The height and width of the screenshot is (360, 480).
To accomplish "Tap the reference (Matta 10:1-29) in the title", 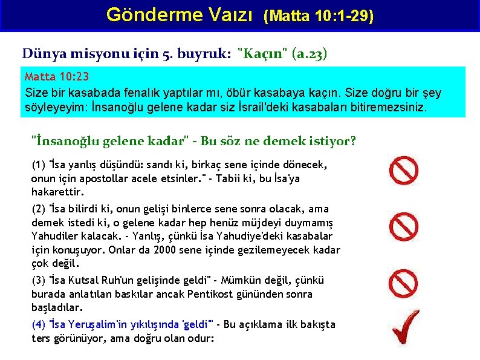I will click(319, 16).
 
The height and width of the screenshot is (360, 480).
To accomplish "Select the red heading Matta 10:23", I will click(57, 77).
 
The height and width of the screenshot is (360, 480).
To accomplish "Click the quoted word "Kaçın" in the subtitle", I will click(263, 54).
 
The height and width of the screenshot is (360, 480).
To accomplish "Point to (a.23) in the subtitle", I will click(309, 54).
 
